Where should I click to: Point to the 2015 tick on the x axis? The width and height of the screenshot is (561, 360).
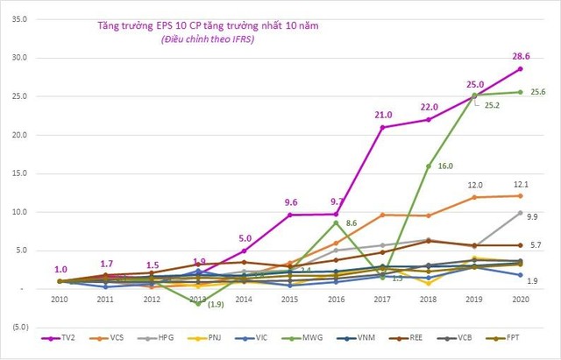click(290, 299)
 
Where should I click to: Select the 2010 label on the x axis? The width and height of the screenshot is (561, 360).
click(60, 299)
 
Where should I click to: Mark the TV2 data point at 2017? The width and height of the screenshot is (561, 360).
click(382, 127)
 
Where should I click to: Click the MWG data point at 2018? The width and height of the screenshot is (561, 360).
click(429, 166)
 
